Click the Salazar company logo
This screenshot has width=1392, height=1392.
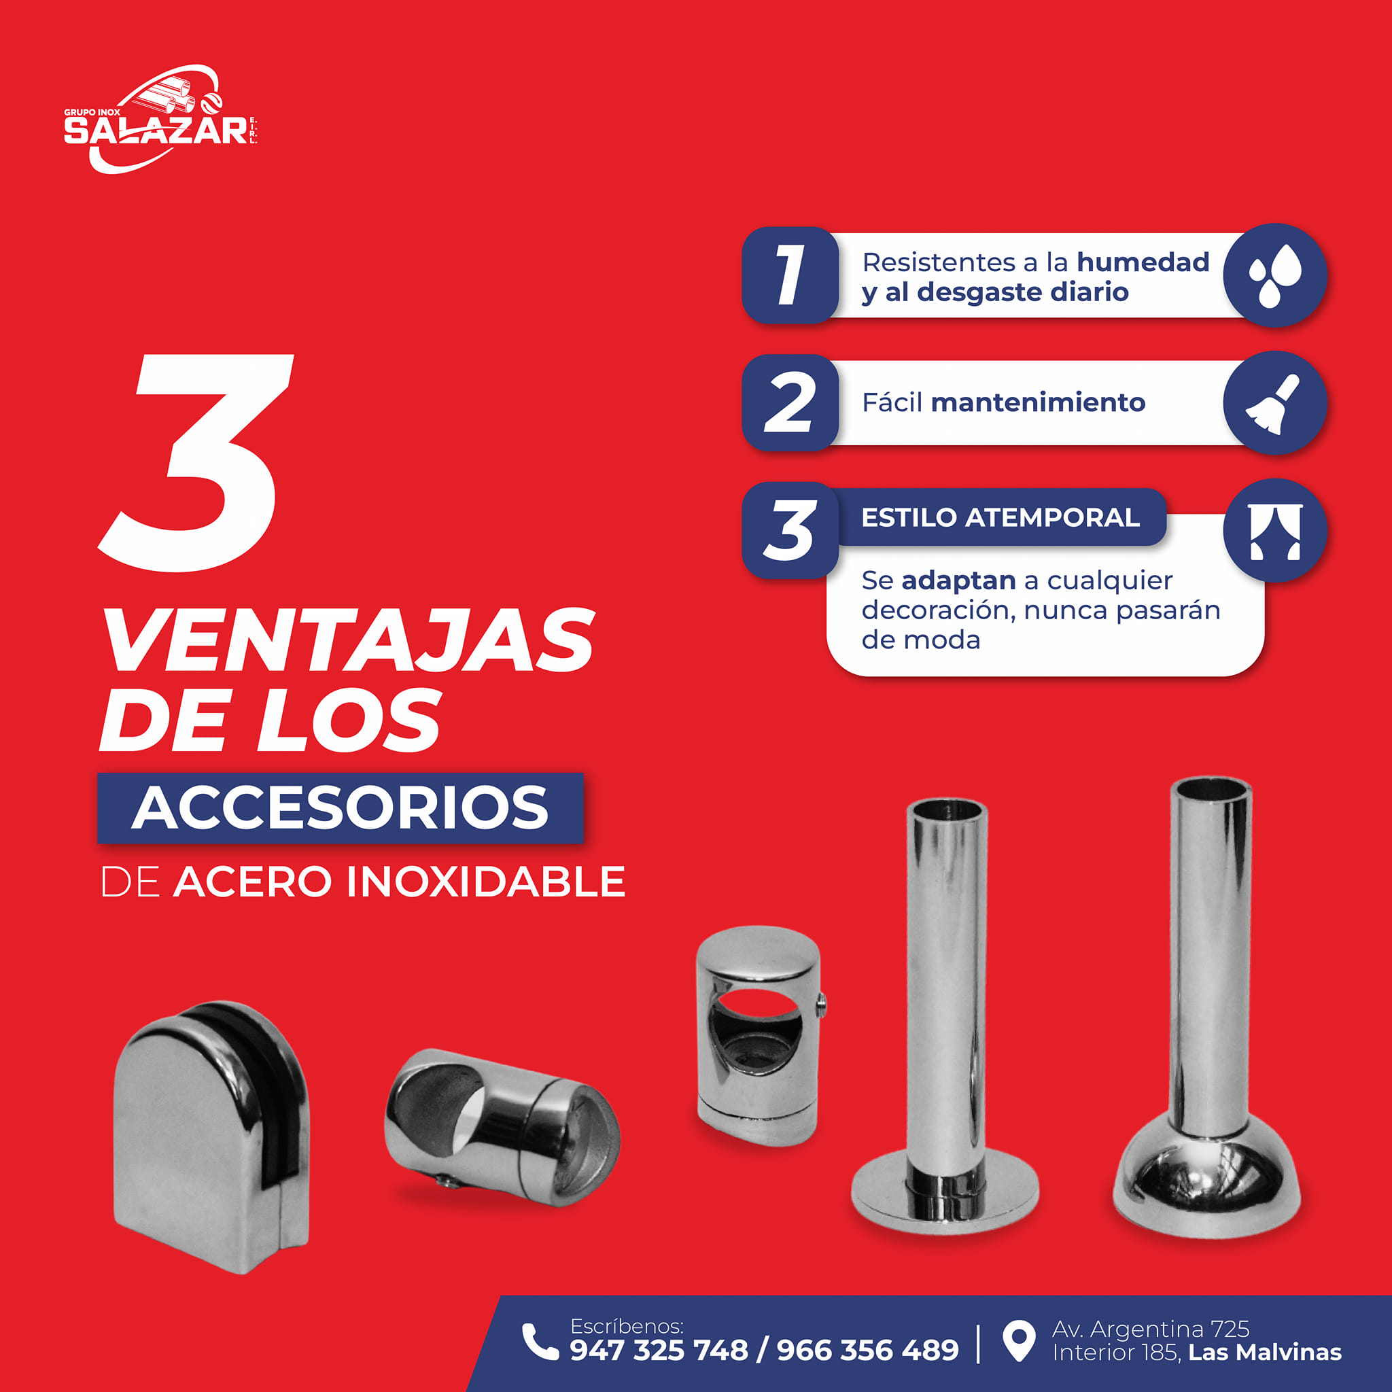coord(160,120)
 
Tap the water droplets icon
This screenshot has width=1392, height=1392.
coord(1274,275)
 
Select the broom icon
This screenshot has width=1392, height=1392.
coord(1274,404)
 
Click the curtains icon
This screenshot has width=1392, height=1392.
coord(1274,532)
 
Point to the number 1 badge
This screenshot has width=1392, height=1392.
coord(790,275)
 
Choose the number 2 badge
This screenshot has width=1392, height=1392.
coord(790,403)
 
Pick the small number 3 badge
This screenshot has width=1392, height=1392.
coord(790,530)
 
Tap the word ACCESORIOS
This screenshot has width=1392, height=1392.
coord(340,807)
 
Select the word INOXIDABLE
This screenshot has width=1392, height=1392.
coord(485,881)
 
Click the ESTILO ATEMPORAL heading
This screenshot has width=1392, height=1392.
coord(1000,517)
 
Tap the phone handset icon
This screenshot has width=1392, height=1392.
coord(540,1342)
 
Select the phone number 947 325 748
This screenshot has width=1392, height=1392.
coord(659,1351)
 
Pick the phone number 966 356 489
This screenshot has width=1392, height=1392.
coord(867,1351)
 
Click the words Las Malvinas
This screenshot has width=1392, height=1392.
coord(1265,1353)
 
